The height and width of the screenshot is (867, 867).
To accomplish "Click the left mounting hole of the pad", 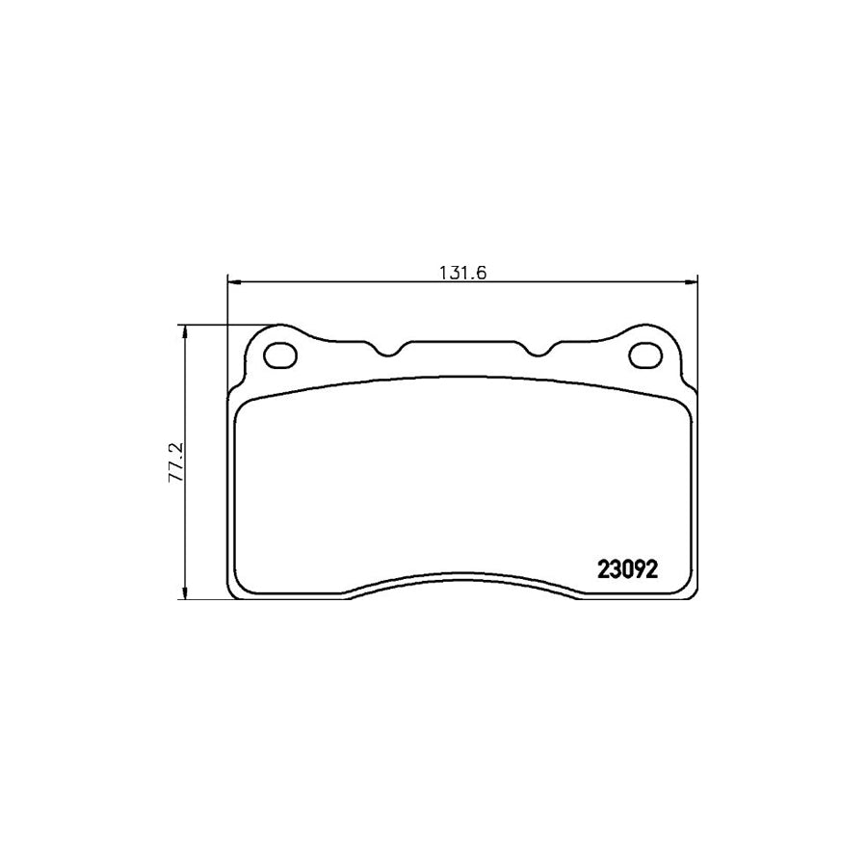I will pos(281,355).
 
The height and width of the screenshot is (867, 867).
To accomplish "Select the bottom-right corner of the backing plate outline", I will pos(692,591).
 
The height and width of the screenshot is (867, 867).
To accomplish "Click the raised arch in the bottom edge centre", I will pos(461,580).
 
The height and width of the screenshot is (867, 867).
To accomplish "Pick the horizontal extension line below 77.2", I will pos(202,599).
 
